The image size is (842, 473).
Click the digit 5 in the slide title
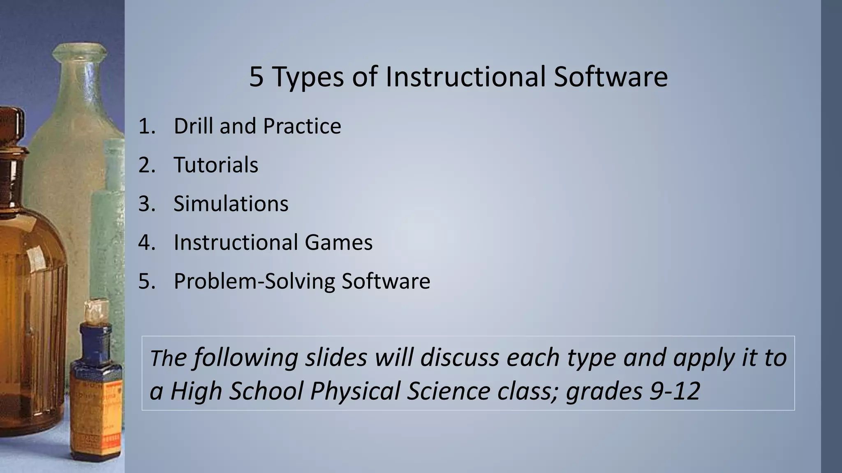click(x=256, y=77)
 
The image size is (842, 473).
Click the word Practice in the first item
click(x=302, y=126)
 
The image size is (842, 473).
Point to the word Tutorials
click(x=216, y=165)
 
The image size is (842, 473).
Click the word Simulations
click(x=231, y=203)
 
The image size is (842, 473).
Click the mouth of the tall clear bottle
click(x=80, y=51)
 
